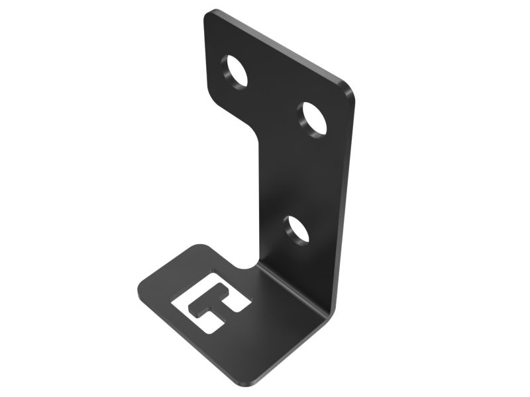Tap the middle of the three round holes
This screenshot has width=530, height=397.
click(x=315, y=119)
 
